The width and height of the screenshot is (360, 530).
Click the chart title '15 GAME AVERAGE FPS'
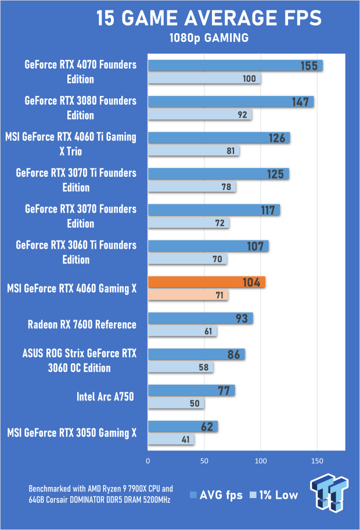pyautogui.click(x=208, y=18)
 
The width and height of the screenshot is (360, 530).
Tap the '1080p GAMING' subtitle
pyautogui.click(x=208, y=38)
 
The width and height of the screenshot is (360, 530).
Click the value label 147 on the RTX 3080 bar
pyautogui.click(x=300, y=102)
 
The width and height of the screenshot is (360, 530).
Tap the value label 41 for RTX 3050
pyautogui.click(x=186, y=440)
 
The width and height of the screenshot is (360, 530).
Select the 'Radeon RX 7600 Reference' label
pyautogui.click(x=82, y=324)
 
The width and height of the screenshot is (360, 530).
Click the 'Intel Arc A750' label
pyautogui.click(x=105, y=397)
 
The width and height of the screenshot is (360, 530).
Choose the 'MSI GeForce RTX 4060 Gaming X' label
pyautogui.click(x=71, y=288)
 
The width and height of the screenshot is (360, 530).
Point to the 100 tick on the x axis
pyautogui.click(x=261, y=460)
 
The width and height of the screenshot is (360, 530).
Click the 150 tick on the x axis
pyautogui.click(x=317, y=460)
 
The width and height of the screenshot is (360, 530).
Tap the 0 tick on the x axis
pyautogui.click(x=148, y=460)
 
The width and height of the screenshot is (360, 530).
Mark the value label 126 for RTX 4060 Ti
pyautogui.click(x=277, y=138)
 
